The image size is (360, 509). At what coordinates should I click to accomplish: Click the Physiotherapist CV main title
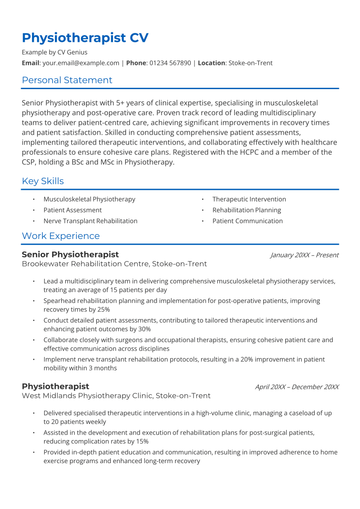point(85,39)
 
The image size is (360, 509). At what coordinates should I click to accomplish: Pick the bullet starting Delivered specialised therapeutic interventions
point(185,418)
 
